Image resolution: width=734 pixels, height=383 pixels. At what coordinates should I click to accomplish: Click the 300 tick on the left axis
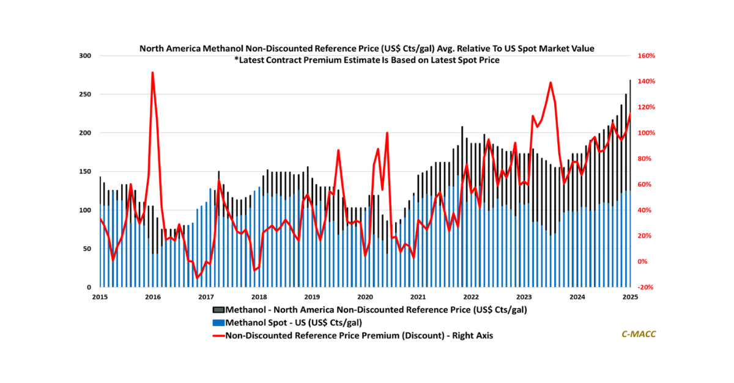pos(84,56)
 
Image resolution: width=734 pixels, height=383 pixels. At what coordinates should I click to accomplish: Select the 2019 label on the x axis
pos(311,297)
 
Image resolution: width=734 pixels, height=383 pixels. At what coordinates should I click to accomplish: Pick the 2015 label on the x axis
pos(100,297)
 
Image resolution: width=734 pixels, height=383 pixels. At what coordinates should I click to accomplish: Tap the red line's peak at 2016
pos(152,73)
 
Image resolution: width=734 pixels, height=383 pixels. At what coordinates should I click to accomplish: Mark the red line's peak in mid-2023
pos(550,82)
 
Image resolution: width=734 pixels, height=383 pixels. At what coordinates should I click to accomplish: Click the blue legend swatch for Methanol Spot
pos(218,323)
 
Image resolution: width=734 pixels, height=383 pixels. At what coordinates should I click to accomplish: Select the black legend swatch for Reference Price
pos(218,310)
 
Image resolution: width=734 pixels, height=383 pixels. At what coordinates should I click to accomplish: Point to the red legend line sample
pos(218,335)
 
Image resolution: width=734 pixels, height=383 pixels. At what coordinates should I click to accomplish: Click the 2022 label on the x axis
pos(471,297)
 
